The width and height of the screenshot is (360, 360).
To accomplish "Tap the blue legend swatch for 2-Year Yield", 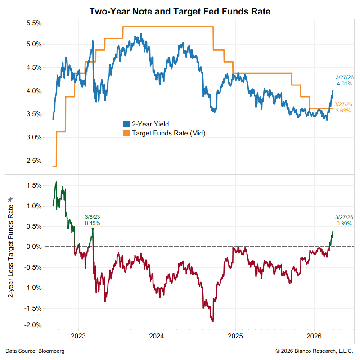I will (126, 124).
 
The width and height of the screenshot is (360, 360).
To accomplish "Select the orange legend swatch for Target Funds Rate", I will (126, 133).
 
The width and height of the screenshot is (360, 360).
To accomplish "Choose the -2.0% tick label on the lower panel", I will (33, 325).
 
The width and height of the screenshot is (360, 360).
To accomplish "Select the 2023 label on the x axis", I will (78, 336).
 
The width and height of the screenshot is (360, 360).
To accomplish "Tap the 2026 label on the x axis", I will (314, 336).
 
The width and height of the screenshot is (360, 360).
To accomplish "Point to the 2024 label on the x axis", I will (157, 336).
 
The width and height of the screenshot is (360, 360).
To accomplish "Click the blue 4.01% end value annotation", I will (344, 84).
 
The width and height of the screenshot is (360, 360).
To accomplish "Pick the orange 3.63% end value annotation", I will (343, 111).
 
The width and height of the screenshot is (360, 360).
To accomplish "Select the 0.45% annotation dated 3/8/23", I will (93, 223).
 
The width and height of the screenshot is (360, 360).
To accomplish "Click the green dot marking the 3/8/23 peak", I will (93, 229).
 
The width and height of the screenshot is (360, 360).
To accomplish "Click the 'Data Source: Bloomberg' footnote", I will (35, 351).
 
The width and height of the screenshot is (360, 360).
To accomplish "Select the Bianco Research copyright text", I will (315, 351).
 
